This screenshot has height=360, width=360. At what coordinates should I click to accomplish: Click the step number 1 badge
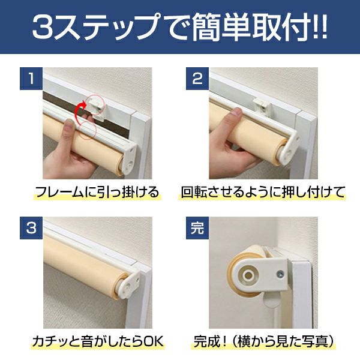(31, 79)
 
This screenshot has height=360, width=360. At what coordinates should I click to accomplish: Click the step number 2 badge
(197, 79)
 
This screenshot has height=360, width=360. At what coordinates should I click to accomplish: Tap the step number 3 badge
(31, 228)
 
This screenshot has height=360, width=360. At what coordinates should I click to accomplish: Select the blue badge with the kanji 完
(197, 228)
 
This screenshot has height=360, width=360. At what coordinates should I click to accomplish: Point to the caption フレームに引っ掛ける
(97, 192)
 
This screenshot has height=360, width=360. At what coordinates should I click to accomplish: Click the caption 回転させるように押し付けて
(263, 192)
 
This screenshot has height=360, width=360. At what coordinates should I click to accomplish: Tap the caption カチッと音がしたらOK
(98, 341)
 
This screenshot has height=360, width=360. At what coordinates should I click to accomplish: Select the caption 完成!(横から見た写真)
(263, 341)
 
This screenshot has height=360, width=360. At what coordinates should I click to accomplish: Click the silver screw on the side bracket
(280, 273)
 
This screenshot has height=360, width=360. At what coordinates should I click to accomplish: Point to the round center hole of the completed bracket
(248, 275)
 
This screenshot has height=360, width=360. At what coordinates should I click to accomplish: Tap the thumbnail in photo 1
(70, 124)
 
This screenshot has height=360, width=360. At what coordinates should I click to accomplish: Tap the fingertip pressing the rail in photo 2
(235, 113)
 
